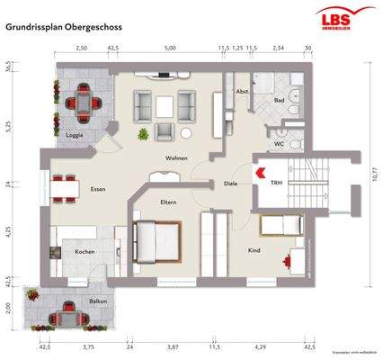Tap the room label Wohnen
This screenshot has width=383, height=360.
pyautogui.click(x=175, y=158)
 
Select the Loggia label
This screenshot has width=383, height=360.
pyautogui.click(x=76, y=136)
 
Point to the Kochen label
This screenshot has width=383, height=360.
pyautogui.click(x=85, y=251)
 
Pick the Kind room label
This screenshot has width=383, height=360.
pyautogui.click(x=254, y=250)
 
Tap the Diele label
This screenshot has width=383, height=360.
pyautogui.click(x=230, y=184)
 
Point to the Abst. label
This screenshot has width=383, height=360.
pyautogui.click(x=241, y=93)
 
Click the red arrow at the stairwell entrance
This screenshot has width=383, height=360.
pyautogui.click(x=259, y=169)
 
